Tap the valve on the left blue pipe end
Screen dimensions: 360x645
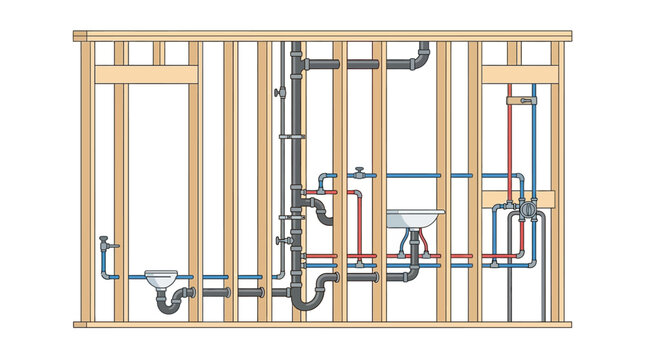pyautogui.click(x=105, y=242)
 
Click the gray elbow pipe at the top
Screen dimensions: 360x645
pyautogui.click(x=421, y=58)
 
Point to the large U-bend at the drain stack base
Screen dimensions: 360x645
pyautogui.click(x=310, y=297)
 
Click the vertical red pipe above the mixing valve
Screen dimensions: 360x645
pyautogui.click(x=510, y=140)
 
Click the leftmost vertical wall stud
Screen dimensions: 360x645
pyautogui.click(x=86, y=180)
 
